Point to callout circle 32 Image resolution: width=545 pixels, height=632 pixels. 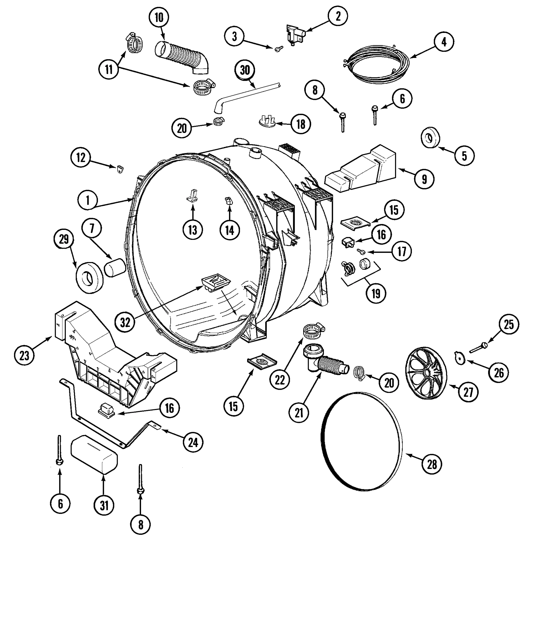tap(125, 322)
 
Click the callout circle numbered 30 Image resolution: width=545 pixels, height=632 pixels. tap(245, 70)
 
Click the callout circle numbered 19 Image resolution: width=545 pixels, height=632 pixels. tap(376, 293)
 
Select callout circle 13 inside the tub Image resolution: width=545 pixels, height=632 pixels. tap(193, 230)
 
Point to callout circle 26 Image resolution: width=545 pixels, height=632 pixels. tap(499, 372)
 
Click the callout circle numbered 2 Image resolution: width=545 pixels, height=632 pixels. tap(338, 16)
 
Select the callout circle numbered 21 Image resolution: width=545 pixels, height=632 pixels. tap(299, 413)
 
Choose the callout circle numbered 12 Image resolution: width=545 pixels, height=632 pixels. tap(81, 157)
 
